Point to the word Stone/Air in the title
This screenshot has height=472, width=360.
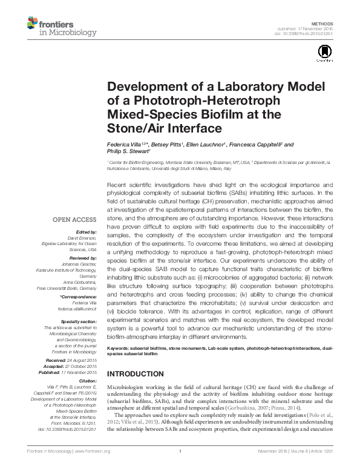pyautogui.click(x=134, y=128)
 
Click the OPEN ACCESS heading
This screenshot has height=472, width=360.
pyautogui.click(x=75, y=220)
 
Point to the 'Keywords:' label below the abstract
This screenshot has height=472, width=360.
pyautogui.click(x=120, y=349)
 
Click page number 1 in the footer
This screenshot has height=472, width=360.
pyautogui.click(x=180, y=466)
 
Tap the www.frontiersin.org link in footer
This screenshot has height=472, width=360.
pyautogui.click(x=95, y=466)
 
